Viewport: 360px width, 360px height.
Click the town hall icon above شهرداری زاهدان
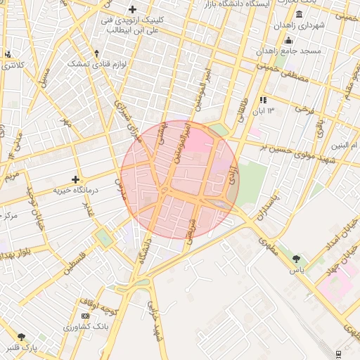(299, 15)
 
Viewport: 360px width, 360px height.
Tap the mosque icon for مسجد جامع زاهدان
(288, 40)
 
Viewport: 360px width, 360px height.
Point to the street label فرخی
(302, 109)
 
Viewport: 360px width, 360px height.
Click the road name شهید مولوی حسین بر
(294, 146)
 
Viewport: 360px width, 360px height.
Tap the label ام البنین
(345, 146)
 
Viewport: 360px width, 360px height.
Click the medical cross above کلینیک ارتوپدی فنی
(132, 9)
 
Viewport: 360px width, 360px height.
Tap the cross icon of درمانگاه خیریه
(76, 180)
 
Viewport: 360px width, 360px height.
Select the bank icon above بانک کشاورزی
(86, 316)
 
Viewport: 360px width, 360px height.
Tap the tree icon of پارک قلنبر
(21, 337)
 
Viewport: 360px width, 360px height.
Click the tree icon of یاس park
(296, 259)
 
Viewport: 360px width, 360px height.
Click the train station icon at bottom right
(339, 352)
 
